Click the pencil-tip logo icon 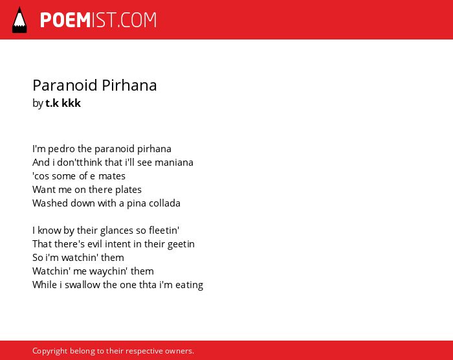[x=19, y=20]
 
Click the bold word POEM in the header [x=65, y=20]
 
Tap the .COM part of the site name [x=137, y=20]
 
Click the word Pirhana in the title [x=129, y=85]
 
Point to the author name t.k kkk [x=63, y=103]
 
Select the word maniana [x=174, y=163]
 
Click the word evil [x=94, y=244]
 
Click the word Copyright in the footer [x=50, y=351]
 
